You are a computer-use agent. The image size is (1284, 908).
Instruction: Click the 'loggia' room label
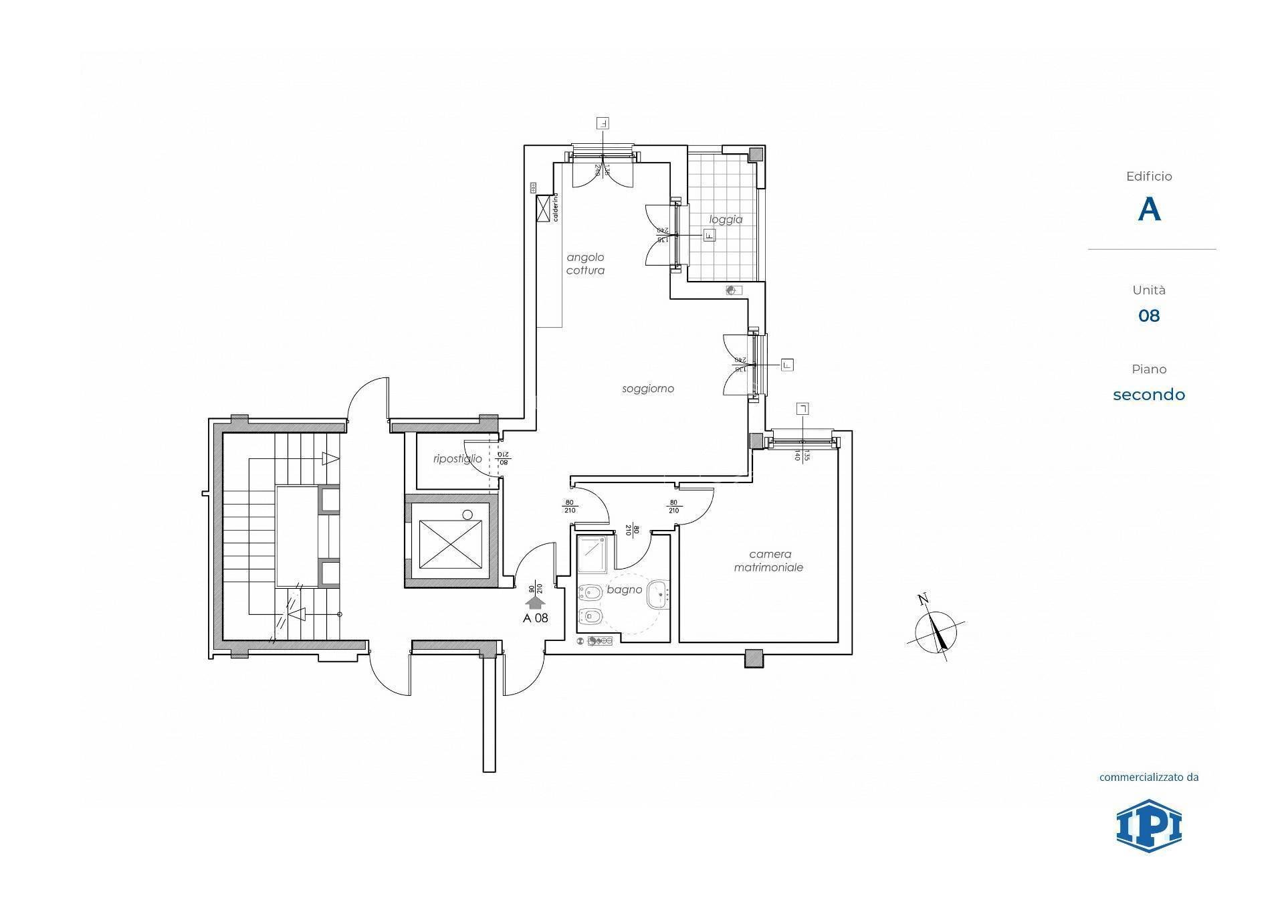click(x=726, y=219)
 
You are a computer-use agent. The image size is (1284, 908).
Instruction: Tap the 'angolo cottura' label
click(x=585, y=264)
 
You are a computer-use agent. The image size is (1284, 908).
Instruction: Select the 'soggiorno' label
click(x=647, y=389)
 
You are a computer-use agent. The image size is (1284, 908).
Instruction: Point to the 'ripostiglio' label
click(x=457, y=459)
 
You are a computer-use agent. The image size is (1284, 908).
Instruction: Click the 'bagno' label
click(x=625, y=589)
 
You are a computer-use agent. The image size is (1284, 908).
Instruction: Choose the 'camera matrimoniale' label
click(x=769, y=561)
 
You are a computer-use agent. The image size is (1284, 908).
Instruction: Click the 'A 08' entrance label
click(x=535, y=618)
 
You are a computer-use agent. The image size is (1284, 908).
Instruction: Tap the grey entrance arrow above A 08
click(x=535, y=602)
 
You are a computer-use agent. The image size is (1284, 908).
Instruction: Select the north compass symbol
click(x=936, y=629)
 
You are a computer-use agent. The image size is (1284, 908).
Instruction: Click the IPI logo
click(x=1148, y=825)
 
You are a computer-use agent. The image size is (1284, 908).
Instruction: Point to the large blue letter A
click(x=1149, y=209)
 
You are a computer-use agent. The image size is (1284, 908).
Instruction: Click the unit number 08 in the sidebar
click(x=1149, y=316)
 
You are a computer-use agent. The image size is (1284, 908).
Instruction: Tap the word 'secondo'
click(x=1149, y=395)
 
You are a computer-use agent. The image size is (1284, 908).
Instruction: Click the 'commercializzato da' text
click(x=1149, y=777)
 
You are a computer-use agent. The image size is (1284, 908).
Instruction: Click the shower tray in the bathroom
click(x=592, y=554)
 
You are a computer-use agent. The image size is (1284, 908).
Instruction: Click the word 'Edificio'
click(x=1149, y=177)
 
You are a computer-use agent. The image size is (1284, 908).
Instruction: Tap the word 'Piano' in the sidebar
click(x=1149, y=369)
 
